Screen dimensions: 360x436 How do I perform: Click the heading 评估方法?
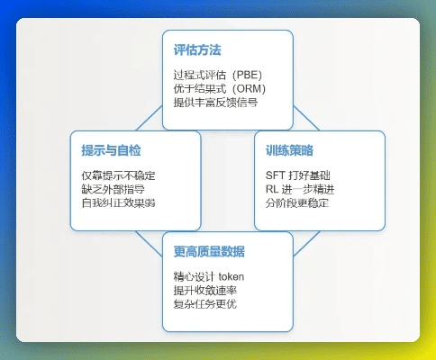pyautogui.click(x=198, y=51)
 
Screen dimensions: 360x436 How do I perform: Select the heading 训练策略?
pyautogui.click(x=290, y=149)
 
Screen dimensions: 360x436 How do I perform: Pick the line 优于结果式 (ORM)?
pyautogui.click(x=219, y=88)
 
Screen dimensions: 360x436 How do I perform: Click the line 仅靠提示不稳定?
pyautogui.click(x=118, y=175)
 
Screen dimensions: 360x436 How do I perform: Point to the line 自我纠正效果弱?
pyautogui.click(x=118, y=202)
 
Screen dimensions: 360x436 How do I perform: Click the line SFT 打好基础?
pyautogui.click(x=297, y=175)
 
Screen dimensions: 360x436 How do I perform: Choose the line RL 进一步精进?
pyautogui.click(x=297, y=188)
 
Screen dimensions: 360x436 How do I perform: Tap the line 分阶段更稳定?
pyautogui.click(x=297, y=202)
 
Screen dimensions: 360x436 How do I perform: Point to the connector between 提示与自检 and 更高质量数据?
pyautogui.click(x=150, y=238)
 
